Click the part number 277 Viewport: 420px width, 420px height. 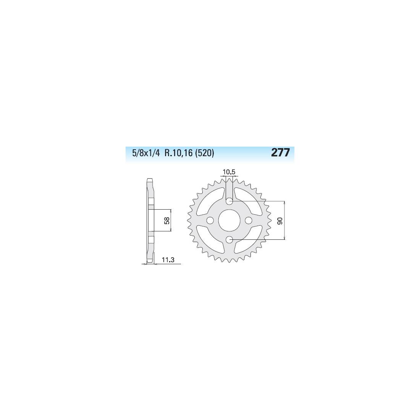[281, 153]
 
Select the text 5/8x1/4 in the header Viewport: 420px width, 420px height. [146, 153]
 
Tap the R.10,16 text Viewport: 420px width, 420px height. [178, 153]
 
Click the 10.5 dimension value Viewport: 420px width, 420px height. [229, 172]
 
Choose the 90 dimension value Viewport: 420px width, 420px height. [280, 221]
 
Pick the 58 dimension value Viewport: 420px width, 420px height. [166, 220]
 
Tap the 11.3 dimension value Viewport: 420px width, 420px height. [168, 260]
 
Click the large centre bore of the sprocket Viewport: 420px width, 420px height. [229, 220]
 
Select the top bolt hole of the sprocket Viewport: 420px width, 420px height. [229, 201]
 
